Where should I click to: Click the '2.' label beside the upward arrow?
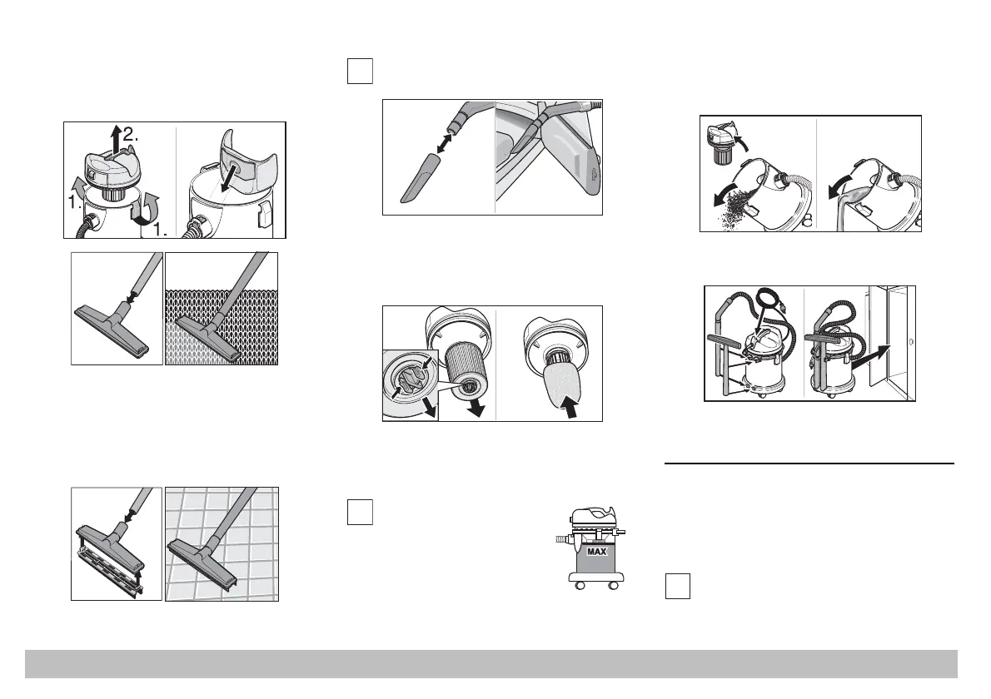(131, 134)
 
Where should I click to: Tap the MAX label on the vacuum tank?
(596, 551)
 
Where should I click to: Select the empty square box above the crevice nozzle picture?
(360, 71)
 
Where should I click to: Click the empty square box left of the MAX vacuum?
(360, 512)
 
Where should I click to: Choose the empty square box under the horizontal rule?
(678, 586)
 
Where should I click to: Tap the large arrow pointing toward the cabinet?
(871, 358)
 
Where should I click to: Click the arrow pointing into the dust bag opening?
(226, 169)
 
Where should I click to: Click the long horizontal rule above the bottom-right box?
(809, 464)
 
